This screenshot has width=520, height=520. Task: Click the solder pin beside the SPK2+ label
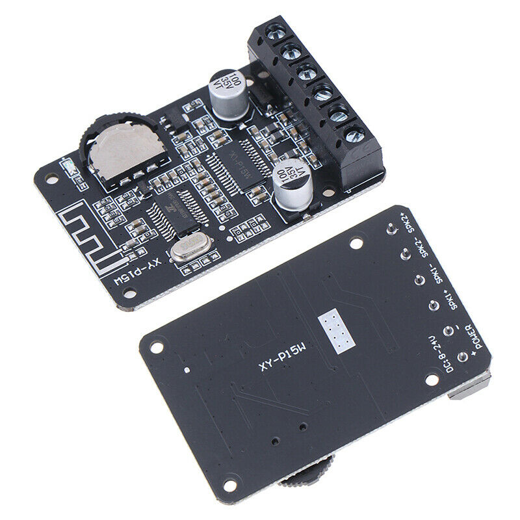(391, 229)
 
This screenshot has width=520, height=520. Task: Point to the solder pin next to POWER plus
(462, 357)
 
